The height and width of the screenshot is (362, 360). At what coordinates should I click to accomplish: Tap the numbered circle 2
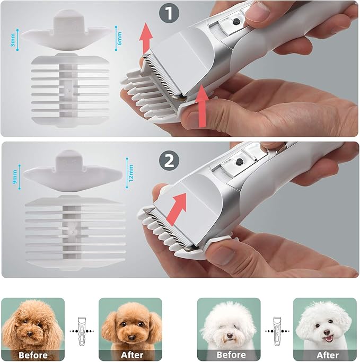click(x=169, y=161)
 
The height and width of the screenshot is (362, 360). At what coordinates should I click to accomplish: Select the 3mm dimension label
click(x=13, y=40)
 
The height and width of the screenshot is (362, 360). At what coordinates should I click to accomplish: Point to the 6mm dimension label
click(x=119, y=38)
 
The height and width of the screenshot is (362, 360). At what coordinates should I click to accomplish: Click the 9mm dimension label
click(x=15, y=177)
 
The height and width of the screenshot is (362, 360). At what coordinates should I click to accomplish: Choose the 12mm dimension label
click(x=131, y=173)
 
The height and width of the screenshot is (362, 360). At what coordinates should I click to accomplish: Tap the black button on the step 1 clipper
click(x=236, y=22)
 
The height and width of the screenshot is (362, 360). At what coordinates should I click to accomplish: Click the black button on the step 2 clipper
click(x=240, y=162)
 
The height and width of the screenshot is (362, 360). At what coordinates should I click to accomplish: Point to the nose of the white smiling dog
click(x=327, y=333)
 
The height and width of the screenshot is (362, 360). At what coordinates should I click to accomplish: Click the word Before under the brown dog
click(x=33, y=355)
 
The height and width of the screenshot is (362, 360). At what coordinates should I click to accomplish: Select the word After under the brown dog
click(x=132, y=355)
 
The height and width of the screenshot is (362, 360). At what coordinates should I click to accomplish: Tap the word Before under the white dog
click(x=231, y=355)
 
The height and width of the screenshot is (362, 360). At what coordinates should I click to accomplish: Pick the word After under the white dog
click(x=328, y=355)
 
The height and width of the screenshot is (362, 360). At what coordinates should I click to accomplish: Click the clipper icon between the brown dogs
click(x=82, y=331)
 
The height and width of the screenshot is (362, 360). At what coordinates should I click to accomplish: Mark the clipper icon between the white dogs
click(x=277, y=331)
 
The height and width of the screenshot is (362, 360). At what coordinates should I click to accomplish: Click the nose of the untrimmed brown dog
click(x=30, y=333)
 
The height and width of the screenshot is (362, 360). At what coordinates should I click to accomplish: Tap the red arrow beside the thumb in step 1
click(x=201, y=106)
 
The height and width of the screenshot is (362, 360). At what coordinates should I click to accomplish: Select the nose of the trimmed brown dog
click(x=131, y=338)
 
